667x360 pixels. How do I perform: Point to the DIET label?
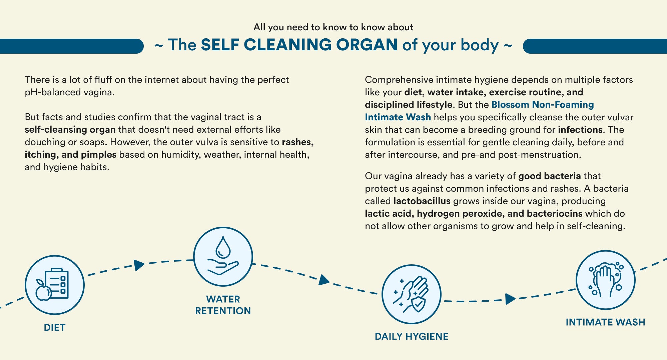click(55, 328)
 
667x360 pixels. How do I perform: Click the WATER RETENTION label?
click(223, 305)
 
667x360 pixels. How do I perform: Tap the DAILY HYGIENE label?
click(412, 337)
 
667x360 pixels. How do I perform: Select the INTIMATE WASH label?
click(606, 322)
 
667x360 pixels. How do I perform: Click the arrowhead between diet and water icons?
click(139, 265)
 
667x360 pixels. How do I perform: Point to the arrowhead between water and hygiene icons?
click(324, 280)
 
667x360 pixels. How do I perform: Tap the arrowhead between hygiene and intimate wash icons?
click(510, 299)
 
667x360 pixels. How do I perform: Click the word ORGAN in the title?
click(367, 45)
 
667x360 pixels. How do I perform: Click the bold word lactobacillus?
click(422, 201)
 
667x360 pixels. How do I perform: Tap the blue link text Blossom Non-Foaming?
click(543, 105)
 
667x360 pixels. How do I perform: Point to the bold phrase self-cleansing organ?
click(70, 130)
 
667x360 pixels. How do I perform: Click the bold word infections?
click(580, 130)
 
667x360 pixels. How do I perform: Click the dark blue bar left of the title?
click(72, 46)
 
